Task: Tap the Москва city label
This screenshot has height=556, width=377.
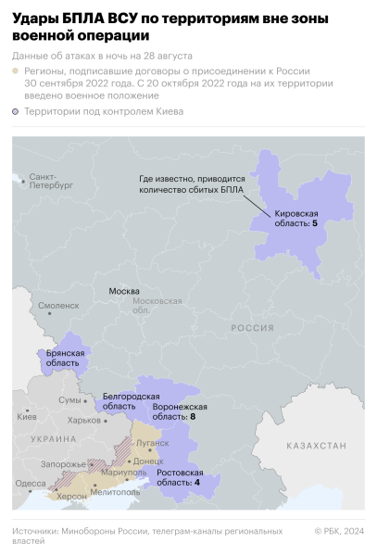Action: coord(124,291)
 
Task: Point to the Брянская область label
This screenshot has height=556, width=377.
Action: coord(65,358)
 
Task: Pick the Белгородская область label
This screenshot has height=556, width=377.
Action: coord(123,401)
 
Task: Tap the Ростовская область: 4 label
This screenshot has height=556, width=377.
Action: coord(179,477)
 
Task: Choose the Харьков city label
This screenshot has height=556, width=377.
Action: coord(84,420)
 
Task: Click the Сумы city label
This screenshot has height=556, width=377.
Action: coord(69,400)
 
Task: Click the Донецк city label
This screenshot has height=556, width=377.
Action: coord(148,461)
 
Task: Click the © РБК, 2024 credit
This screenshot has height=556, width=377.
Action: coord(339,531)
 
